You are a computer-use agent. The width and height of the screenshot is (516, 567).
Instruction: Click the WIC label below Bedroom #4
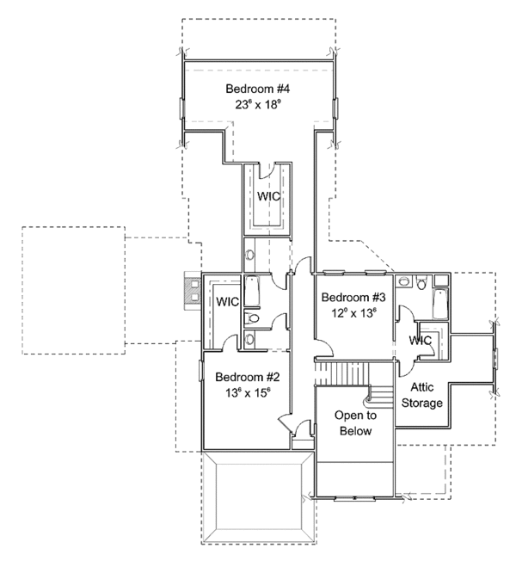pyautogui.click(x=268, y=196)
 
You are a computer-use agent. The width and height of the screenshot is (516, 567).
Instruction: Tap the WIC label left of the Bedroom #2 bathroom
pyautogui.click(x=227, y=302)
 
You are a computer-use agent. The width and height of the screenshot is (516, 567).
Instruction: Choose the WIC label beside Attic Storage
pyautogui.click(x=421, y=341)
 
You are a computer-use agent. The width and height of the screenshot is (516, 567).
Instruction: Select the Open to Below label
pyautogui.click(x=353, y=422)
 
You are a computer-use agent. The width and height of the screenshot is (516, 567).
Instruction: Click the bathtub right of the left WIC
pyautogui.click(x=252, y=293)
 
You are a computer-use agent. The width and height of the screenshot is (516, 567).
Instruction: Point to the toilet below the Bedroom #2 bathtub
pyautogui.click(x=250, y=319)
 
